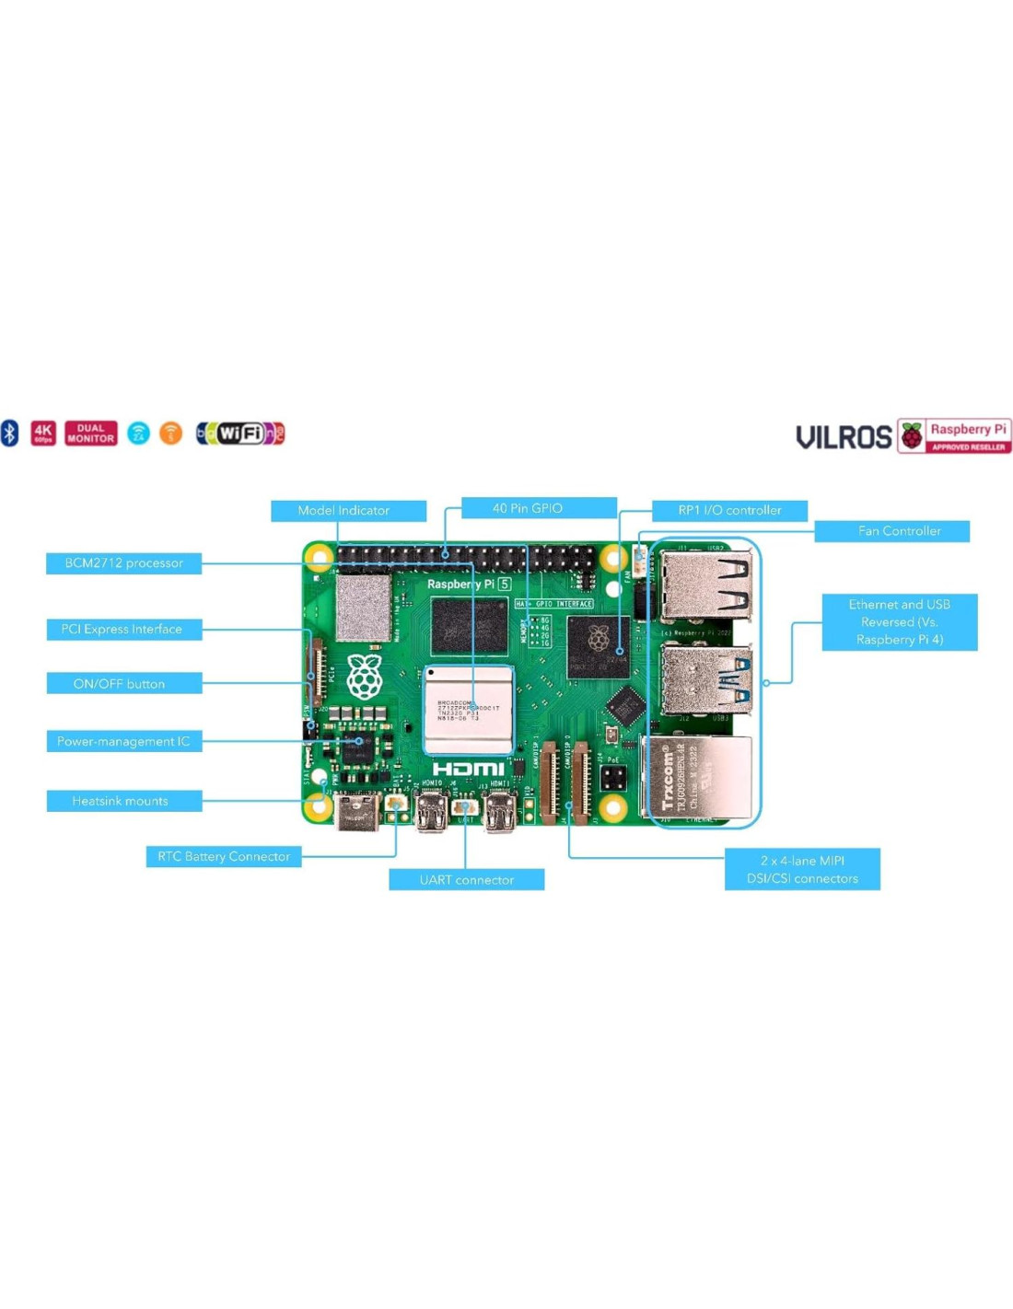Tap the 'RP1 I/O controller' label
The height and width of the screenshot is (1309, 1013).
pyautogui.click(x=729, y=510)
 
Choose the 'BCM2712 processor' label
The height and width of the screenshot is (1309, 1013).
pyautogui.click(x=123, y=563)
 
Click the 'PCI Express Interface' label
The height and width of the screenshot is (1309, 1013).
pyautogui.click(x=123, y=630)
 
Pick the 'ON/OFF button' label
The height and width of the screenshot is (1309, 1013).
pyautogui.click(x=123, y=683)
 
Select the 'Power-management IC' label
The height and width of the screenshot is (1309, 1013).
pyautogui.click(x=123, y=741)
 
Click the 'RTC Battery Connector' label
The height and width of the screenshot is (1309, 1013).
pyautogui.click(x=224, y=857)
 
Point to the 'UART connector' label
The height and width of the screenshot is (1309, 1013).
pyautogui.click(x=466, y=880)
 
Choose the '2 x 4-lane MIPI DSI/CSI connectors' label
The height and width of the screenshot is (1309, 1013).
pyautogui.click(x=802, y=869)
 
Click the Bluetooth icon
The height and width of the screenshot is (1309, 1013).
pyautogui.click(x=10, y=433)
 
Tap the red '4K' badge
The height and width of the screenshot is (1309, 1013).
pyautogui.click(x=43, y=433)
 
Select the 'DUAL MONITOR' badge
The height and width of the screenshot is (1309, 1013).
pyautogui.click(x=91, y=433)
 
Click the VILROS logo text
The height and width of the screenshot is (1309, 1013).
pyautogui.click(x=844, y=437)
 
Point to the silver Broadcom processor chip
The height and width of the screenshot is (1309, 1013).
pyautogui.click(x=468, y=710)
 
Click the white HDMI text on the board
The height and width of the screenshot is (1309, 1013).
pyautogui.click(x=468, y=769)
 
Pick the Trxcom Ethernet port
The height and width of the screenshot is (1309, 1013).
pyautogui.click(x=698, y=778)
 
